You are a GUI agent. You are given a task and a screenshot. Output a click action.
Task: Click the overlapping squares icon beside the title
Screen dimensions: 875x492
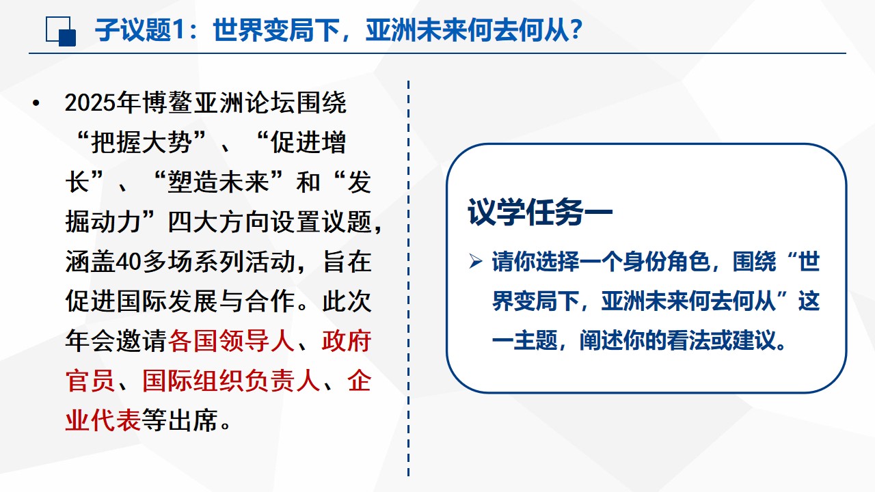pyautogui.click(x=61, y=31)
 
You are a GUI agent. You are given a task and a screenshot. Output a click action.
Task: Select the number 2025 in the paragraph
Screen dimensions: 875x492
pyautogui.click(x=91, y=103)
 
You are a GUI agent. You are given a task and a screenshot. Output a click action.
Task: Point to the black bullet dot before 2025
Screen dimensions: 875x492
pyautogui.click(x=36, y=103)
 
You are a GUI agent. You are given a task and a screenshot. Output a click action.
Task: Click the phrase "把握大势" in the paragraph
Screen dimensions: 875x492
pyautogui.click(x=141, y=143)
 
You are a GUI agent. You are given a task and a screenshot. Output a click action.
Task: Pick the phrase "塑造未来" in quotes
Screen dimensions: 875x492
pyautogui.click(x=218, y=182)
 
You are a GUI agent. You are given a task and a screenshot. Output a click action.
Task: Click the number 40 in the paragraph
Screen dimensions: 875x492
pyautogui.click(x=129, y=262)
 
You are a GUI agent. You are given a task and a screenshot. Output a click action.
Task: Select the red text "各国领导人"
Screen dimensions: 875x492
pyautogui.click(x=230, y=341)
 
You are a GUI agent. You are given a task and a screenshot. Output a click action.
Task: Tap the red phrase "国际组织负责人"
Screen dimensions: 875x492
pyautogui.click(x=231, y=381)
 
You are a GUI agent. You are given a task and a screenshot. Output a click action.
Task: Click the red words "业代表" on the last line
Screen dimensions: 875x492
pyautogui.click(x=103, y=420)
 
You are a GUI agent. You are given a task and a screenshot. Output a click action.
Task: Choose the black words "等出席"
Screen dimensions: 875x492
pyautogui.click(x=180, y=420)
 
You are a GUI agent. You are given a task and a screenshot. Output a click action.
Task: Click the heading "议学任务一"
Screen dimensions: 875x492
pyautogui.click(x=540, y=213)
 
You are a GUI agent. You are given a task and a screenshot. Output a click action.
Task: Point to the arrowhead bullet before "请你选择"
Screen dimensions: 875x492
pyautogui.click(x=476, y=261)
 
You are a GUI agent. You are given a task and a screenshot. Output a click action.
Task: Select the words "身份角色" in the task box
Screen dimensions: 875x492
pyautogui.click(x=666, y=261)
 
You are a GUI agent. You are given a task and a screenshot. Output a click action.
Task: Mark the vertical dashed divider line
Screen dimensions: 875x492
pyautogui.click(x=408, y=278)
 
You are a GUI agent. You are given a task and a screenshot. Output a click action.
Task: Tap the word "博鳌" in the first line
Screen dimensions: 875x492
pyautogui.click(x=167, y=103)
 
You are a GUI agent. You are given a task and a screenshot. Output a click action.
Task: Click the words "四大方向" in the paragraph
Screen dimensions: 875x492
pyautogui.click(x=218, y=222)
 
